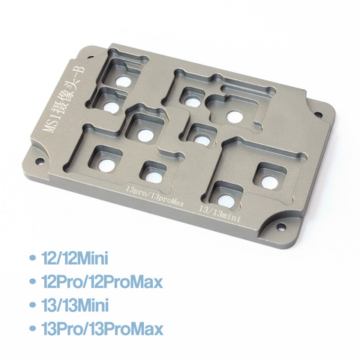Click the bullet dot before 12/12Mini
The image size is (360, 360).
pyautogui.click(x=32, y=259)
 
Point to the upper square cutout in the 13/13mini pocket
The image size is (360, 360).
pyautogui.click(x=268, y=174)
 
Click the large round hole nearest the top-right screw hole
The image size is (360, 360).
pyautogui.click(x=236, y=115)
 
